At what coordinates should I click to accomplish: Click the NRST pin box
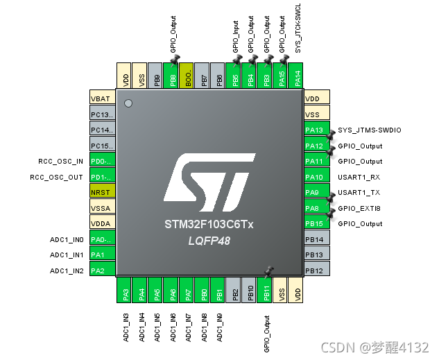point(101,191)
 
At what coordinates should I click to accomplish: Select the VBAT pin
point(101,98)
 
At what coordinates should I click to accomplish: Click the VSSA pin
point(101,207)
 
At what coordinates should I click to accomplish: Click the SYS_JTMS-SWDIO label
point(369,130)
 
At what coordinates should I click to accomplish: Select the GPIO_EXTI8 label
point(359,208)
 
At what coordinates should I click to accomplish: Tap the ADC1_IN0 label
point(67,239)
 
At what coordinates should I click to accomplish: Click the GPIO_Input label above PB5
point(236,38)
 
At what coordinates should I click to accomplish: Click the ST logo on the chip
point(208,183)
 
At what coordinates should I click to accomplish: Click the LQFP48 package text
point(209,241)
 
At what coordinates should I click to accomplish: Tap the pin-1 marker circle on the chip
point(128,103)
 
